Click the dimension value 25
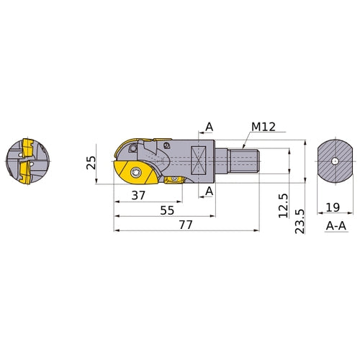91,162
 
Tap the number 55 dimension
167,211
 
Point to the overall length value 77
187,225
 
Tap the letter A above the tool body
209,127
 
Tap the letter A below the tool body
209,190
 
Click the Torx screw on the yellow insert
138,171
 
